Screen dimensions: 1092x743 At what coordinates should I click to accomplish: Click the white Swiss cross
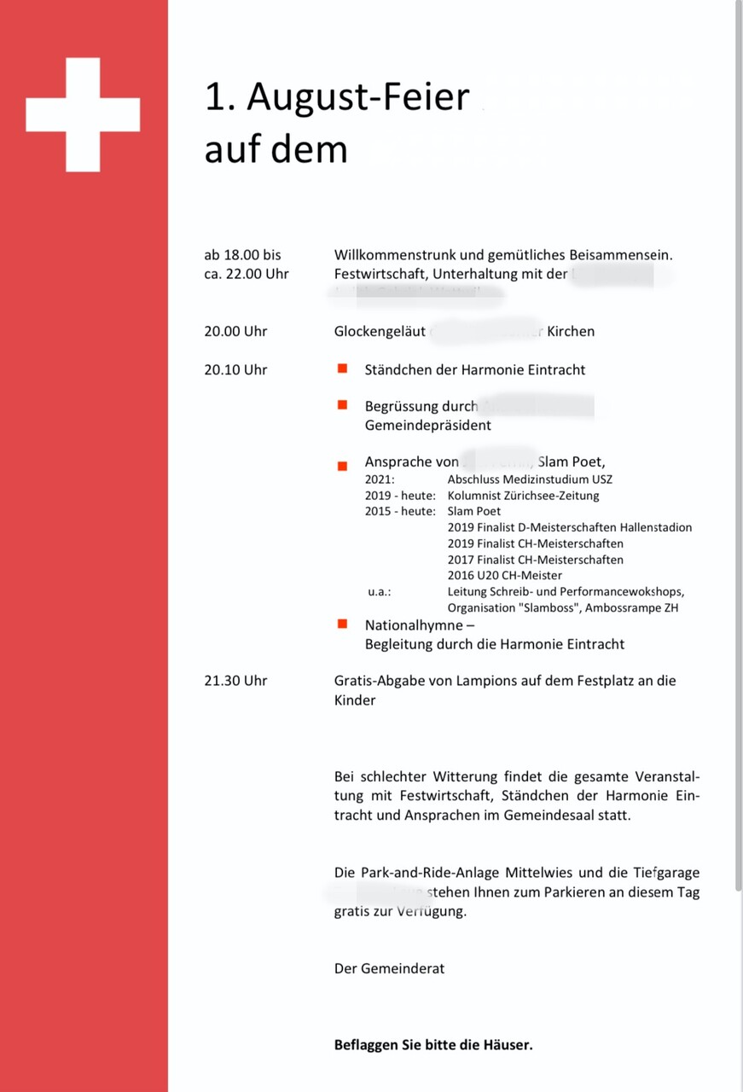[x=83, y=114]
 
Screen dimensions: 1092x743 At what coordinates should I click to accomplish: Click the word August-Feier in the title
[x=358, y=99]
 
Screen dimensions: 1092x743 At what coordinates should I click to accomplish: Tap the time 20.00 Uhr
[x=235, y=331]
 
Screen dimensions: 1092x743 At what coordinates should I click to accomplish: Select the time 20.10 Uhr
[x=235, y=369]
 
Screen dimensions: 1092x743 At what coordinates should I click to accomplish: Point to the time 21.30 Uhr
[x=235, y=680]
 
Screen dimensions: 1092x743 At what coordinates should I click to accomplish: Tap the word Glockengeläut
[x=380, y=331]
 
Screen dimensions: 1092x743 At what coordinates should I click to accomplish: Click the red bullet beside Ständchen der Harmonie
[x=342, y=369]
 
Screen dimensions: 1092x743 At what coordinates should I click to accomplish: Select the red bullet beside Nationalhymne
[x=342, y=624]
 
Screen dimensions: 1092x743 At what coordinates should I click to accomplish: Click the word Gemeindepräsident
[x=427, y=425]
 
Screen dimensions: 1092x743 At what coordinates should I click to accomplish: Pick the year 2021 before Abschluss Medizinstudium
[x=379, y=479]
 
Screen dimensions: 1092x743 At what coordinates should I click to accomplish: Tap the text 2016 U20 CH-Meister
[x=504, y=575]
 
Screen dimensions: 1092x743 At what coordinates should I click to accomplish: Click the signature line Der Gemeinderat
[x=389, y=968]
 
